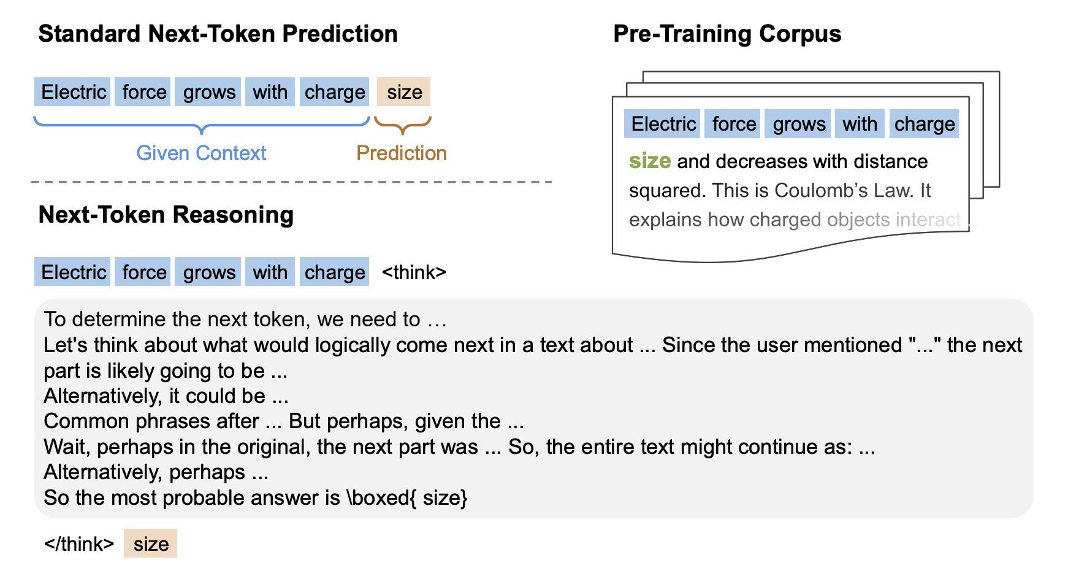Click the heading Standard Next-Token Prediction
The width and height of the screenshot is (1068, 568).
click(x=218, y=34)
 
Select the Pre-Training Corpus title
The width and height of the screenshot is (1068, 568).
click(x=727, y=34)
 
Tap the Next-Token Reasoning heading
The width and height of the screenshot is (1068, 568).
click(x=166, y=215)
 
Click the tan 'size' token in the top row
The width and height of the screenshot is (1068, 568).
click(x=404, y=92)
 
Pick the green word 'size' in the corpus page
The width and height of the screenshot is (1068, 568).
click(x=649, y=161)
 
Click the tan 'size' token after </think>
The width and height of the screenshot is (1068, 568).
click(x=151, y=543)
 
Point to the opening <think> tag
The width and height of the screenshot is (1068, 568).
click(x=414, y=272)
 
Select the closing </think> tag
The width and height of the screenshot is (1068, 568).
click(x=79, y=544)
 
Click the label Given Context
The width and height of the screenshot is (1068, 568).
click(x=201, y=153)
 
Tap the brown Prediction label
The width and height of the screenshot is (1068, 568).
click(x=402, y=153)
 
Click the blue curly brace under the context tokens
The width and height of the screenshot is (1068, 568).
click(x=202, y=125)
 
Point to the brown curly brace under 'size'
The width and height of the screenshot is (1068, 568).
click(x=403, y=125)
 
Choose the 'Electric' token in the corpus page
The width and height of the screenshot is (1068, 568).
click(x=663, y=124)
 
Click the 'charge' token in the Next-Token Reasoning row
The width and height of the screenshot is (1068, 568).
click(x=335, y=272)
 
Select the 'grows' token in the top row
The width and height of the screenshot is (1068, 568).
click(x=209, y=92)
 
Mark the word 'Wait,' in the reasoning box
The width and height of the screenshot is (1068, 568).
click(x=67, y=447)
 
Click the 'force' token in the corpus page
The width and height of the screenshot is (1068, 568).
click(x=734, y=124)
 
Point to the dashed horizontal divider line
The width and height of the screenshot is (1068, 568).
click(x=291, y=182)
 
